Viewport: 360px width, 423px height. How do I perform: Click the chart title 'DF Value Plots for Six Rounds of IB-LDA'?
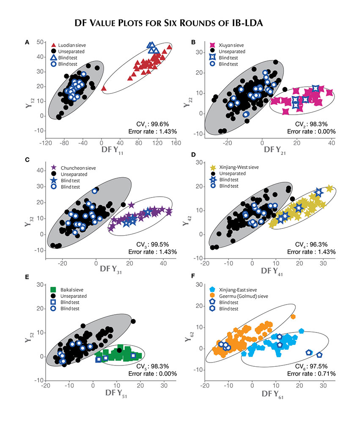pos(169,23)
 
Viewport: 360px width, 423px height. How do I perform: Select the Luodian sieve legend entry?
pos(68,45)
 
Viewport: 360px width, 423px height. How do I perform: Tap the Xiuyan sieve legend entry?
pos(226,45)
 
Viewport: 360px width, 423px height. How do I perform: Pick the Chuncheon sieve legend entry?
pos(74,168)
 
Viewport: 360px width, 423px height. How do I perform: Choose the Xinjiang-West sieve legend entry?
pos(234,167)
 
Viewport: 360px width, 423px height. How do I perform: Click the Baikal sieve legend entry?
pos(67,290)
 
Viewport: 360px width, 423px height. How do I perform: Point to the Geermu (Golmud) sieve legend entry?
pos(239,296)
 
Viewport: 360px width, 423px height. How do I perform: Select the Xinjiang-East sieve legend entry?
pos(233,290)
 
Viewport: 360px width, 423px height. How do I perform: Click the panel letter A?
pos(27,42)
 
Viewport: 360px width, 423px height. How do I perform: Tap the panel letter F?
pos(192,276)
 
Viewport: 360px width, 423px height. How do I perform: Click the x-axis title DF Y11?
pos(112,150)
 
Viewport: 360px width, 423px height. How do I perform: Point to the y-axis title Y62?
pos(189,336)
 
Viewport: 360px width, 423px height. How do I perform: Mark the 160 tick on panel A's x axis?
pos(176,143)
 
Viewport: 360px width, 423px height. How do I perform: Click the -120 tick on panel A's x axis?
pos(46,143)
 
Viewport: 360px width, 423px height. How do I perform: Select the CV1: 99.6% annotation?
pos(152,124)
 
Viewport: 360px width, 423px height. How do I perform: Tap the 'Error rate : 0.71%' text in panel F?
pos(311,374)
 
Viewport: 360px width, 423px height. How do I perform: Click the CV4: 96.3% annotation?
pos(311,244)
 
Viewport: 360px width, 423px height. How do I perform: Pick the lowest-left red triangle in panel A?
pos(104,88)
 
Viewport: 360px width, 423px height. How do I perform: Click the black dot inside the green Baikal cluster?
pos(119,350)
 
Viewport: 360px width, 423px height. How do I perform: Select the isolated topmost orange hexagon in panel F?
pos(293,316)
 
